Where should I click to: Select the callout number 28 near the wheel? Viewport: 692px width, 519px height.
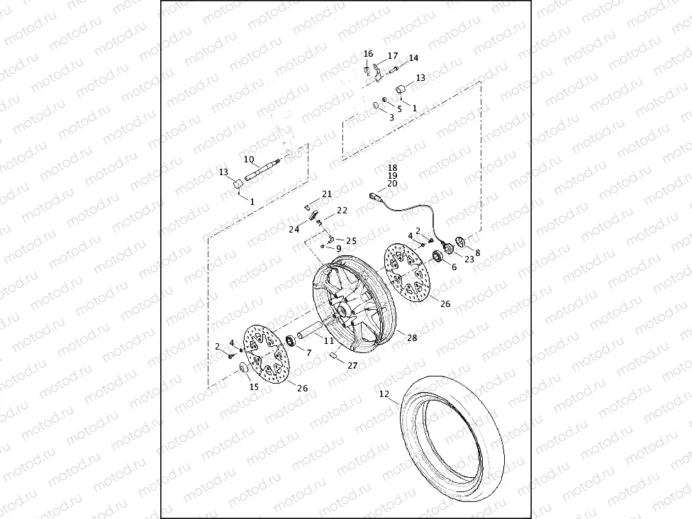[x=412, y=338]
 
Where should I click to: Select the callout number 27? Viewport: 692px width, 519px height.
[x=352, y=366]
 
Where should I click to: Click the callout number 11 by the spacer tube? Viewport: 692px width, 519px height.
[x=328, y=341]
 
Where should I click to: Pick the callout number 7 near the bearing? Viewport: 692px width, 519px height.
[x=308, y=352]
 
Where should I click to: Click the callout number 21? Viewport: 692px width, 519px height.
[x=327, y=194]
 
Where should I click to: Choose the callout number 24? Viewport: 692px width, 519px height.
[x=294, y=229]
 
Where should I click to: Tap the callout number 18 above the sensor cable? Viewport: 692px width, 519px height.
[x=392, y=167]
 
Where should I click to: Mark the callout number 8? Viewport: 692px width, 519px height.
[x=477, y=252]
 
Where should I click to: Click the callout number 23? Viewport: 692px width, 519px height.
[x=469, y=259]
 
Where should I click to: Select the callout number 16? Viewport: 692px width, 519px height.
[x=368, y=54]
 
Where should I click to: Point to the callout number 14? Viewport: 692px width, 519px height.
[x=413, y=58]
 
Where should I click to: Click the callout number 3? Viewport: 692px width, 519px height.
[x=391, y=117]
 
